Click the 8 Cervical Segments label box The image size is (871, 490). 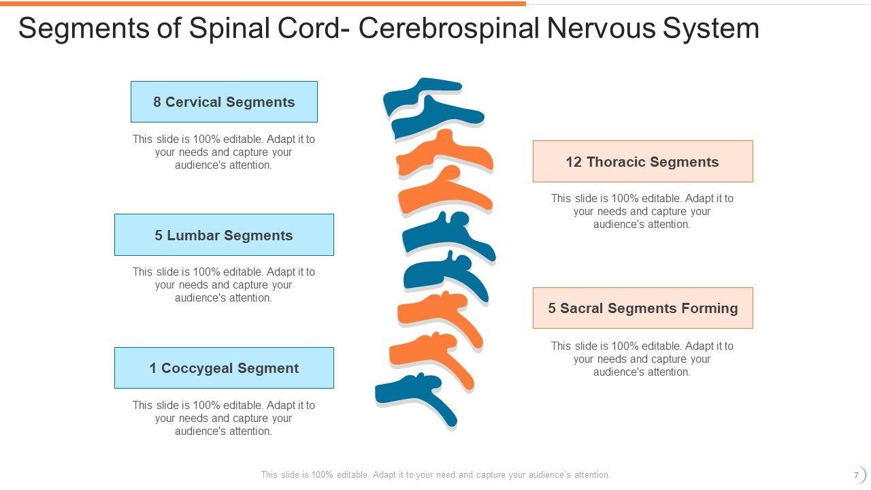click(224, 102)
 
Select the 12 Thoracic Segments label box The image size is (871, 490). click(642, 161)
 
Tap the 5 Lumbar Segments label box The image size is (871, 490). click(224, 235)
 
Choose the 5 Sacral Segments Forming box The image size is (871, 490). click(642, 308)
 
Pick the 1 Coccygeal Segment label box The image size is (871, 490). click(224, 367)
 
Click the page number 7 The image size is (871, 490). click(856, 475)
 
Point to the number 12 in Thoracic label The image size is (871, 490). click(574, 162)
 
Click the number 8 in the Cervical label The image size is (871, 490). click(157, 102)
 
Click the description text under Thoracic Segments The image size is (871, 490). click(642, 211)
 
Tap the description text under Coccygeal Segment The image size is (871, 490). click(224, 418)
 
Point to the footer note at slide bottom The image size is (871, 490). click(435, 475)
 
